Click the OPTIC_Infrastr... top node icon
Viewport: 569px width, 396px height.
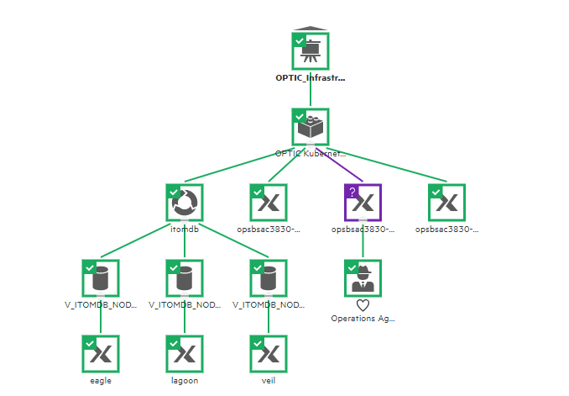click(310, 51)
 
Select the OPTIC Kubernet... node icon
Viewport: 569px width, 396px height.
click(310, 127)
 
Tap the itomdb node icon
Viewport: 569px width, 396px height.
click(184, 203)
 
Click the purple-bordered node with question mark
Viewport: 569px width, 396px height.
click(363, 203)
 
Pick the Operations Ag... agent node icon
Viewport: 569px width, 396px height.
click(363, 278)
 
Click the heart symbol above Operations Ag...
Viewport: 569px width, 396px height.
click(363, 305)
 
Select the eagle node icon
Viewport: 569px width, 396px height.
click(101, 354)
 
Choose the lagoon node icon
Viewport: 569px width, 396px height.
click(184, 354)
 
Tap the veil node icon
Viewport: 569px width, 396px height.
click(268, 354)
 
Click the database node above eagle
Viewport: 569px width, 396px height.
click(101, 278)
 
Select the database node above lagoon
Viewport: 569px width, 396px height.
click(184, 278)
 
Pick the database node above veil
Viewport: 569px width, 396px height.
click(268, 278)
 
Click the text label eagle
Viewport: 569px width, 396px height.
click(101, 380)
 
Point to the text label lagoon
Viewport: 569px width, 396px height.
click(184, 380)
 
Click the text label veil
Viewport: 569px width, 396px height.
click(268, 380)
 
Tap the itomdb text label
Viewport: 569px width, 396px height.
click(184, 229)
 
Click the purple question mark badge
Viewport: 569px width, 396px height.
click(352, 192)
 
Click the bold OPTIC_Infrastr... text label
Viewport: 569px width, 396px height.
click(310, 77)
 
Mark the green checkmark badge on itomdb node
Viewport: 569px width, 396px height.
click(173, 192)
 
